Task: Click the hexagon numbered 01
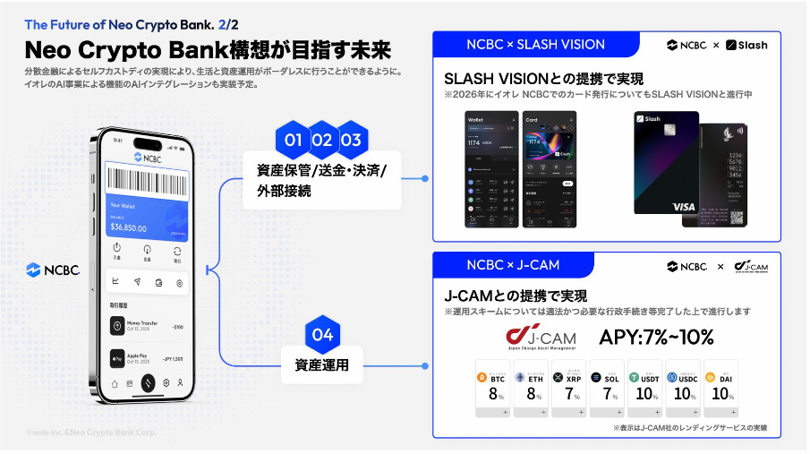294,141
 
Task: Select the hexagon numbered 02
322,141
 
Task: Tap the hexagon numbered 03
351,141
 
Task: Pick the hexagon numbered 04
322,335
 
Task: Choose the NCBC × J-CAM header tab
512,265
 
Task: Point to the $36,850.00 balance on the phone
129,227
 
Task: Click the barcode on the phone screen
149,179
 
